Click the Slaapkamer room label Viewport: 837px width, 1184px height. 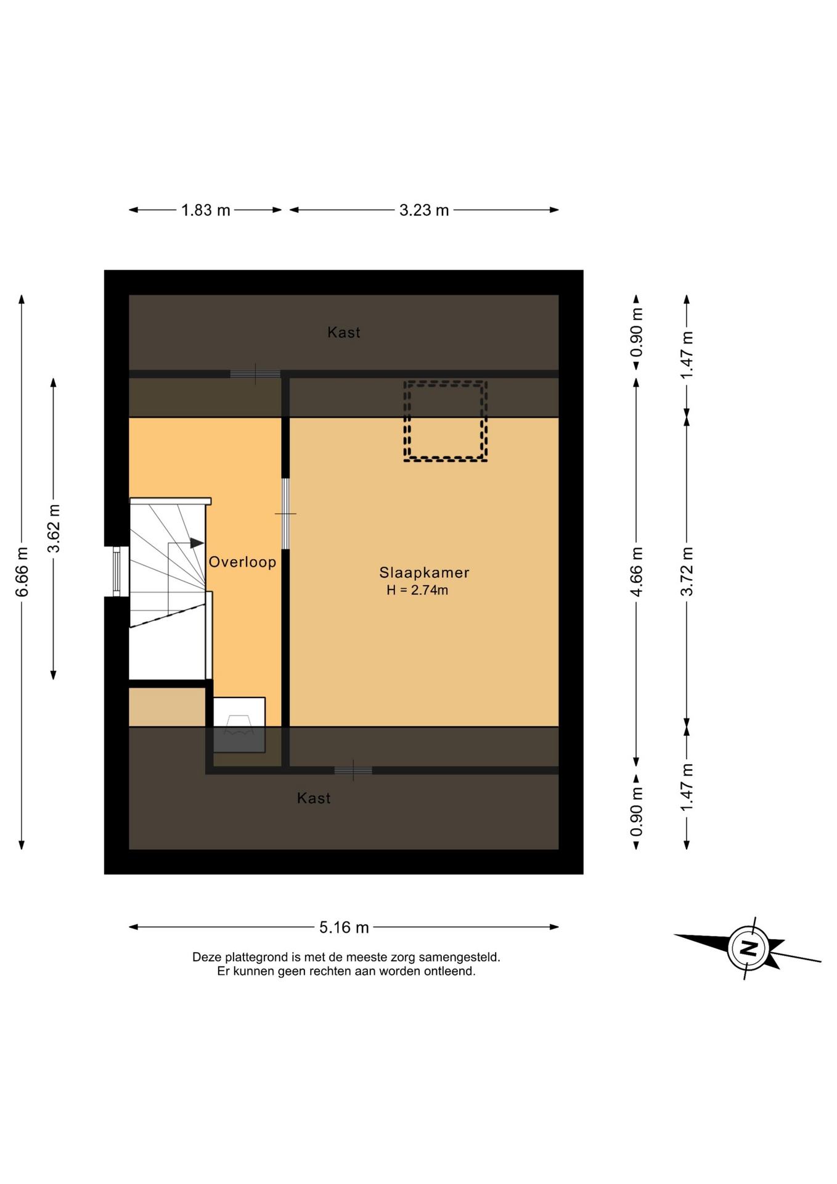pyautogui.click(x=424, y=572)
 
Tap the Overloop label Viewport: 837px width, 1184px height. pyautogui.click(x=242, y=562)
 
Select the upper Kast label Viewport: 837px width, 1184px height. pyautogui.click(x=344, y=332)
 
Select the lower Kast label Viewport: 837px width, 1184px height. pyautogui.click(x=314, y=798)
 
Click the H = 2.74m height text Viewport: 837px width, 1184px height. pyautogui.click(x=417, y=590)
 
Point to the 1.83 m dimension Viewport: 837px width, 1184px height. pyautogui.click(x=205, y=210)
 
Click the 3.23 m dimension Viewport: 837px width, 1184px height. pyautogui.click(x=424, y=210)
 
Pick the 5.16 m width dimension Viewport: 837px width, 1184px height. pyautogui.click(x=344, y=927)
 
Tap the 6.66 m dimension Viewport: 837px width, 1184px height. pyautogui.click(x=22, y=572)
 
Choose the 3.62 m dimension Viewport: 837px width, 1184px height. pyautogui.click(x=54, y=529)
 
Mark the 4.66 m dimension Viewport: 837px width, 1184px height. pyautogui.click(x=636, y=572)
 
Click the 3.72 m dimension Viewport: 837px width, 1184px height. pyautogui.click(x=687, y=572)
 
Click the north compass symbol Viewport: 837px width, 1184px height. pyautogui.click(x=748, y=948)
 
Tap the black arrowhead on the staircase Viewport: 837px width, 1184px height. pyautogui.click(x=197, y=543)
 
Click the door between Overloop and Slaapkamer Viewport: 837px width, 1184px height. pyautogui.click(x=285, y=514)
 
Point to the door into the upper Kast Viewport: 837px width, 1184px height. pyautogui.click(x=255, y=374)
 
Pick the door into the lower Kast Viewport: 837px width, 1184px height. pyautogui.click(x=353, y=770)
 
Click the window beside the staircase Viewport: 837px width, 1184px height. pyautogui.click(x=116, y=572)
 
